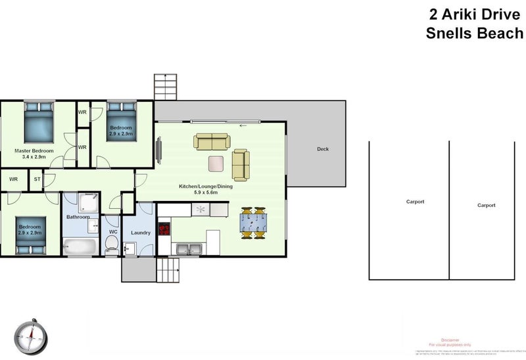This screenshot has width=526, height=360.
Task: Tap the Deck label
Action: pyautogui.click(x=322, y=149)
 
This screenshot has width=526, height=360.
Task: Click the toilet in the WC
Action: pyautogui.click(x=112, y=245)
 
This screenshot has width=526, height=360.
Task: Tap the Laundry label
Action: pyautogui.click(x=141, y=233)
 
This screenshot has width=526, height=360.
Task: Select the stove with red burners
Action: pyautogui.click(x=163, y=230)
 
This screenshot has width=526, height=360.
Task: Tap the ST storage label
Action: pyautogui.click(x=37, y=179)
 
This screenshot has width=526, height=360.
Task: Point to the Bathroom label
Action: pyautogui.click(x=78, y=216)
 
